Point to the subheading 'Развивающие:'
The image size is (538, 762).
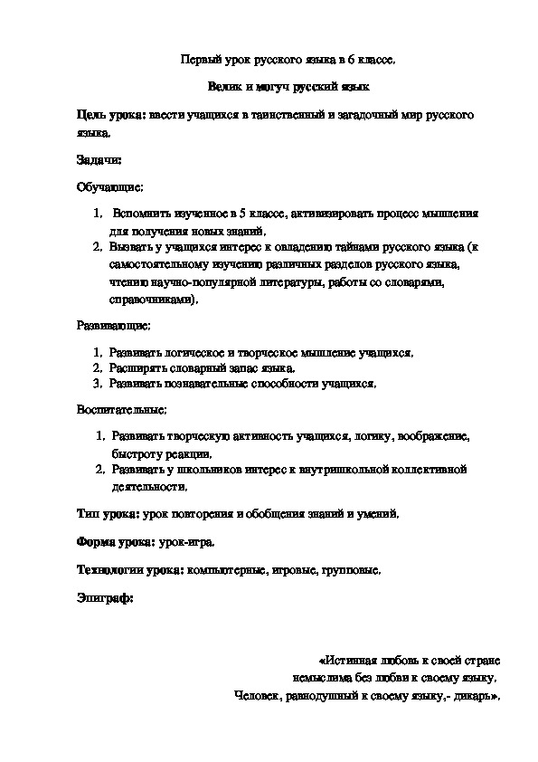pyautogui.click(x=114, y=323)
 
